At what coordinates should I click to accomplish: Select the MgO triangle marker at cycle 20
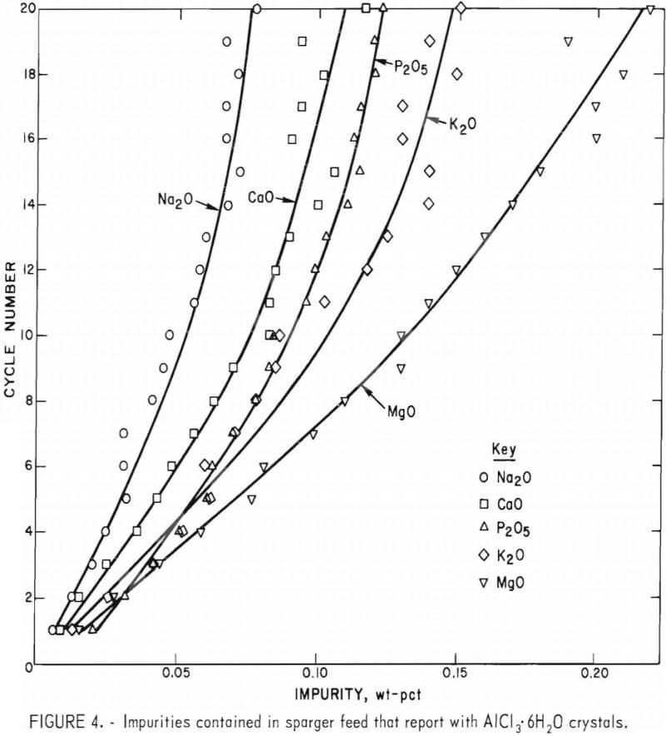coord(650,10)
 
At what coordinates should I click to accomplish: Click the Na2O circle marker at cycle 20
coord(256,9)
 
